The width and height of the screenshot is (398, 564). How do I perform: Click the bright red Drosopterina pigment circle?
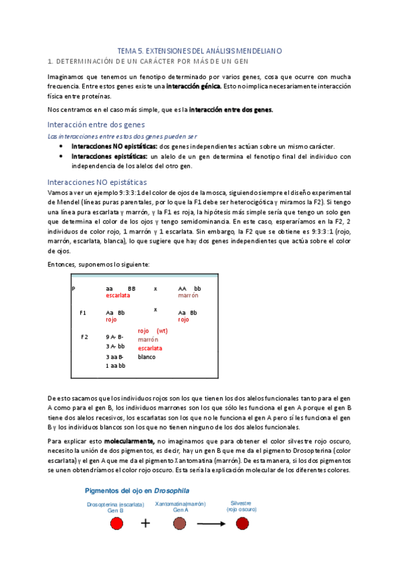[x=117, y=523]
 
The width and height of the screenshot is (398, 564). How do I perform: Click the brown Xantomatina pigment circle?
[x=179, y=523]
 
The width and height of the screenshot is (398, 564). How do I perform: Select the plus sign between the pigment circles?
[x=146, y=523]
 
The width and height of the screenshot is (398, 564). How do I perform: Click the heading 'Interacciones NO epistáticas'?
[x=98, y=182]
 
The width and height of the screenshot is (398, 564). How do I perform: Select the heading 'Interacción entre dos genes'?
[x=96, y=124]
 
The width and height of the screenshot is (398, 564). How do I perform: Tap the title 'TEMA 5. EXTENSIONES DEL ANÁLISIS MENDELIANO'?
[x=199, y=50]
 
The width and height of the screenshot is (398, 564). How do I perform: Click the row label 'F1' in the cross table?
[x=83, y=312]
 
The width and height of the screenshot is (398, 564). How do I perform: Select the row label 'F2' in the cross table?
[x=84, y=337]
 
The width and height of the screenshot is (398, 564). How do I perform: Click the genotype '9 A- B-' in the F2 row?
[x=115, y=337]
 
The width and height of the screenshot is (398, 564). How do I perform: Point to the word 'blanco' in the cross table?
[x=147, y=356]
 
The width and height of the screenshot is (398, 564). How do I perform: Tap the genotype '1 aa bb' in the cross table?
[x=116, y=365]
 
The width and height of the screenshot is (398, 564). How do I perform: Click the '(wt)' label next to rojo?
[x=162, y=331]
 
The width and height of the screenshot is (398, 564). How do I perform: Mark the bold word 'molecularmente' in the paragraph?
[x=132, y=442]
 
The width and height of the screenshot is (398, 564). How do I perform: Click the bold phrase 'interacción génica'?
[x=192, y=86]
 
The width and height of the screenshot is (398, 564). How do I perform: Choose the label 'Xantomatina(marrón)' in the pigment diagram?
[x=179, y=504]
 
